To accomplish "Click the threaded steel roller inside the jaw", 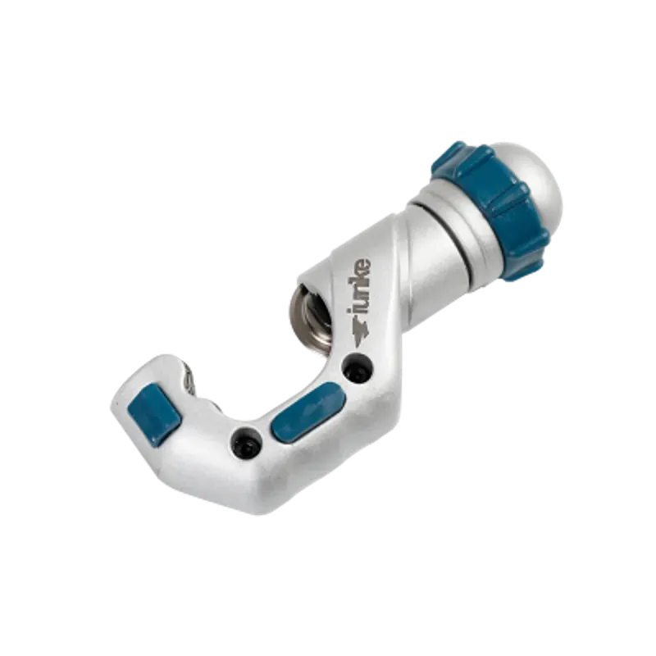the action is [x=311, y=320].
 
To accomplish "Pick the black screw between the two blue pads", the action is [x=247, y=443].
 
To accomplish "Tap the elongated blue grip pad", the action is [x=308, y=412].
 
